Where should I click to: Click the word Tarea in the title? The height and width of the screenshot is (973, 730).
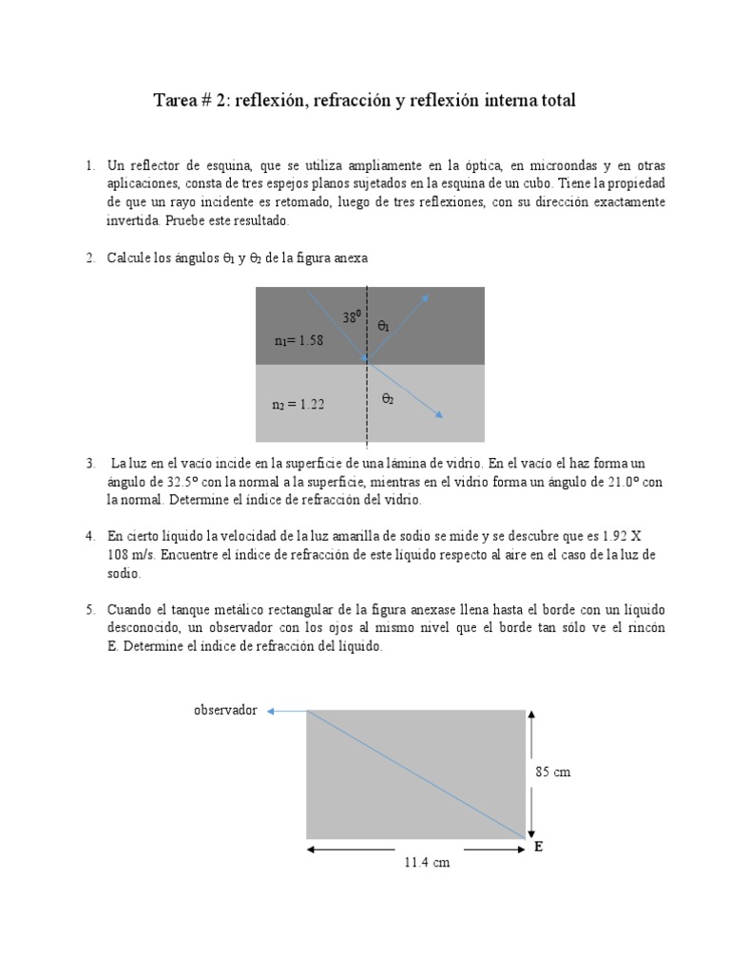(x=176, y=100)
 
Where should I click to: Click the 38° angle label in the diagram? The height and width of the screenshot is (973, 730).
(x=352, y=318)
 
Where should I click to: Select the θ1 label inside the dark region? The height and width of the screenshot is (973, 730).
(x=384, y=326)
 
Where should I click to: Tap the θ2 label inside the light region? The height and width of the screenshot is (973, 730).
(x=388, y=400)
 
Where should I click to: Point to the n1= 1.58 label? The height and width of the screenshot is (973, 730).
(x=298, y=341)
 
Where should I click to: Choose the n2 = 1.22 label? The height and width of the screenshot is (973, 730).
(x=298, y=405)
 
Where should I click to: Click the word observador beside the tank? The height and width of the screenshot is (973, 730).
(x=225, y=710)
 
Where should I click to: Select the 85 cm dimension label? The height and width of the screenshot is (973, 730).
(x=552, y=773)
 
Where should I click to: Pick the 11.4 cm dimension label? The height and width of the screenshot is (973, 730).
(x=415, y=863)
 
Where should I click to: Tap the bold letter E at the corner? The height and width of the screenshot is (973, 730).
(x=538, y=846)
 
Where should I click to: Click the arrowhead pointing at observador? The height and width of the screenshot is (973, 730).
(x=272, y=711)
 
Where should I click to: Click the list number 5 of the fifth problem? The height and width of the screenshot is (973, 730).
(x=89, y=609)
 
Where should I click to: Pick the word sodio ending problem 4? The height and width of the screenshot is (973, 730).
(x=124, y=573)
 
